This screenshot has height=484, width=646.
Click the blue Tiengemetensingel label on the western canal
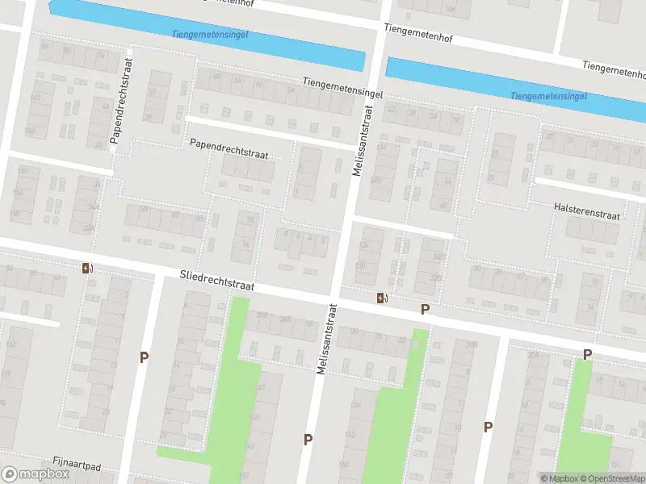tap(210, 35)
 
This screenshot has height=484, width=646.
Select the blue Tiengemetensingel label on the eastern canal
tap(548, 96)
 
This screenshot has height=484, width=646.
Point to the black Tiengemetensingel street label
tap(342, 82)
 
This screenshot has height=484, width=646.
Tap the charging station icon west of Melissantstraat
tap(86, 269)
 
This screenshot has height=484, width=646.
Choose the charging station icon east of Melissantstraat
tap(382, 298)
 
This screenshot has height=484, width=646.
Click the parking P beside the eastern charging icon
tap(425, 309)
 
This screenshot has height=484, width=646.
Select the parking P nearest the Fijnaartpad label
tap(145, 357)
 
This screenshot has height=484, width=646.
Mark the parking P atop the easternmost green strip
tap(588, 354)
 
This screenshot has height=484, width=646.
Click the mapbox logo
tap(36, 474)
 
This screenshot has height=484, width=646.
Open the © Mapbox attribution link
tap(559, 478)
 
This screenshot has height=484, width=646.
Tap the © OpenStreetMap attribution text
tap(614, 478)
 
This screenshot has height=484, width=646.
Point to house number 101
tap(616, 464)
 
